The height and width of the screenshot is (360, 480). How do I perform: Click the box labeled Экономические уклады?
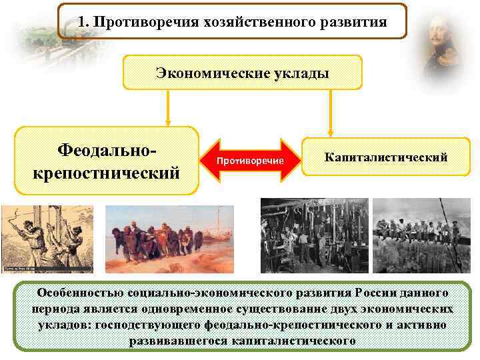(x=242, y=73)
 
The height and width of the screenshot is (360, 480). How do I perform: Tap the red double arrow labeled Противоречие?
(x=249, y=161)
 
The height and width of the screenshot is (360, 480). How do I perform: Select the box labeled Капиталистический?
(x=385, y=157)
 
